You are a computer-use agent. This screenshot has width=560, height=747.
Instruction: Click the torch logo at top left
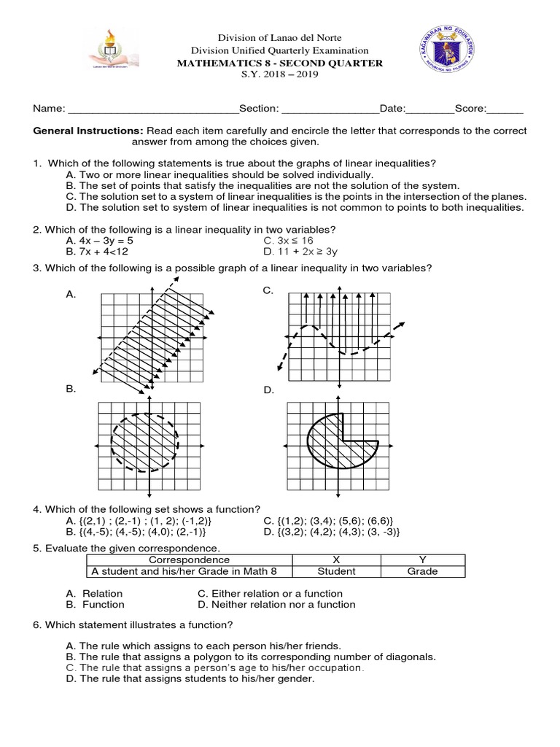[x=117, y=52]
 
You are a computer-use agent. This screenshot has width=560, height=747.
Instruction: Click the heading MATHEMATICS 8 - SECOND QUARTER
[x=280, y=63]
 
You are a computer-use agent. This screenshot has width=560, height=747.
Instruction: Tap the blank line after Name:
[x=153, y=109]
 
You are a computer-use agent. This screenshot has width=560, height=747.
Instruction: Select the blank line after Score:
[x=505, y=109]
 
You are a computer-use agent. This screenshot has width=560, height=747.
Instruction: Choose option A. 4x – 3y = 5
[x=99, y=240]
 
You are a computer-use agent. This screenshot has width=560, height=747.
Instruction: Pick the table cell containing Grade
[x=422, y=571]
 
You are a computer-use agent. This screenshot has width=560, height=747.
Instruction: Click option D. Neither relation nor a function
[x=276, y=605]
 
